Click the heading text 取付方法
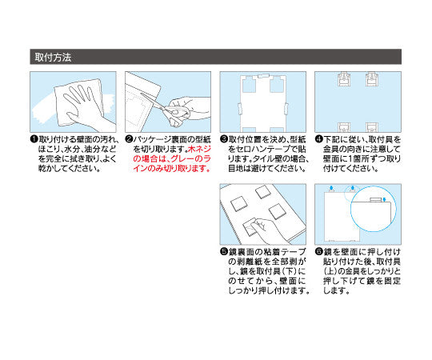pyautogui.click(x=54, y=58)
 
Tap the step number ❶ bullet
pyautogui.click(x=34, y=138)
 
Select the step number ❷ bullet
pyautogui.click(x=129, y=138)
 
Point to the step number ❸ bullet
pyautogui.click(x=223, y=138)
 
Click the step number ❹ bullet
pyautogui.click(x=318, y=138)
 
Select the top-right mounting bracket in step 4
pyautogui.click(x=372, y=79)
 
